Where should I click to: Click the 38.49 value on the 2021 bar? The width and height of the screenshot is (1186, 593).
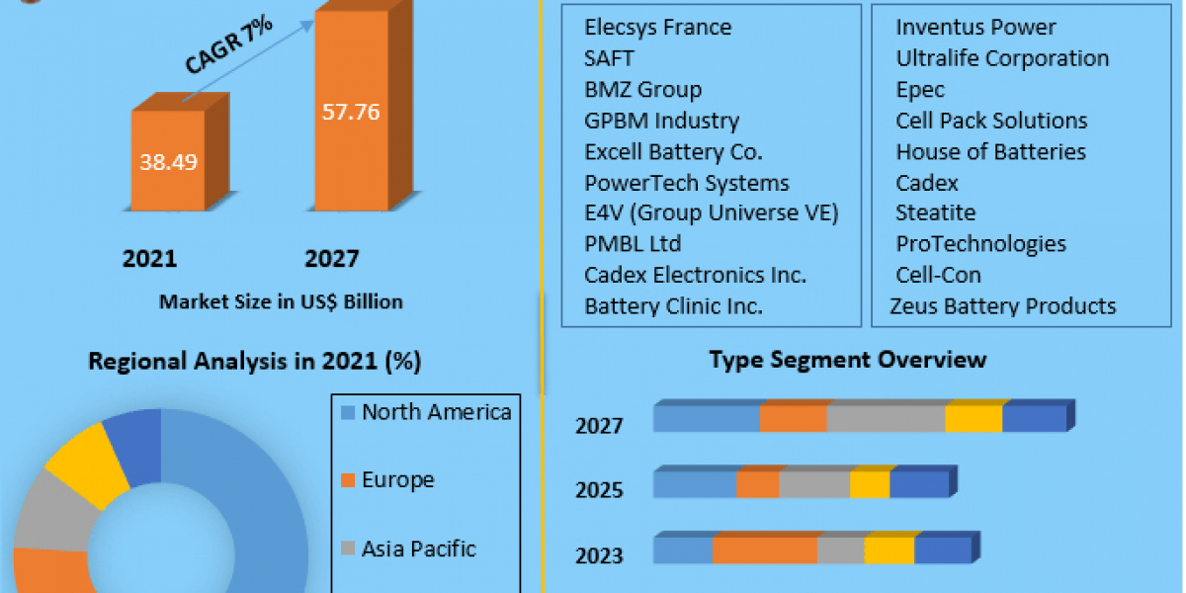(x=168, y=161)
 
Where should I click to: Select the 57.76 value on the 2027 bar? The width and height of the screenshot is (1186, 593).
(x=351, y=112)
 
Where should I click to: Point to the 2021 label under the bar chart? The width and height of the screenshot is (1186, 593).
(x=149, y=259)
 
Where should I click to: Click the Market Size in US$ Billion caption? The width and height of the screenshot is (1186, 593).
(x=281, y=301)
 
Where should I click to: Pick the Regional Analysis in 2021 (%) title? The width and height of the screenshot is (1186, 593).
(x=255, y=362)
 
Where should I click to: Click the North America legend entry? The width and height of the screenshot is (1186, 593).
(x=436, y=412)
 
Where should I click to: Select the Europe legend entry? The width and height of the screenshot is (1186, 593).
(x=397, y=480)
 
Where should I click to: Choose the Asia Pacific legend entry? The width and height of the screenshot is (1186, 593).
(x=419, y=549)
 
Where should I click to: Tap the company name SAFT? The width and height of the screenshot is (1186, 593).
(x=609, y=58)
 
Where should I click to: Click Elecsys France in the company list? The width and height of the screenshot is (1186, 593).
(x=658, y=27)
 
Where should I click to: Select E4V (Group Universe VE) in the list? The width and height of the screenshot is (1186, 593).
(x=712, y=212)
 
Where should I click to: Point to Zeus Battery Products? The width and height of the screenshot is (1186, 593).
(x=1003, y=306)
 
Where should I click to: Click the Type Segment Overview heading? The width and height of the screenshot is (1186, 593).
(x=848, y=359)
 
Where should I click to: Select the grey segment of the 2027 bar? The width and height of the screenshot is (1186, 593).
(x=886, y=418)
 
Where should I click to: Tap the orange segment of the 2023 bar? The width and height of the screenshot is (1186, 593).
(x=765, y=551)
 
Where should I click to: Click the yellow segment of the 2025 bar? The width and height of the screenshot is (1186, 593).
(x=870, y=484)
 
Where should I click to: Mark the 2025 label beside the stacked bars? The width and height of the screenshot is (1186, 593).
(x=599, y=489)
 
